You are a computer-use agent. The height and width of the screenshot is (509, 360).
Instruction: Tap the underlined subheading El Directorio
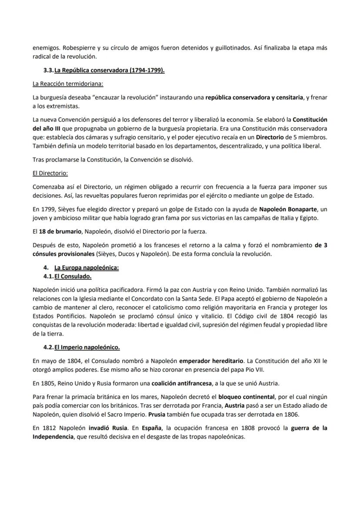click(x=50, y=173)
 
